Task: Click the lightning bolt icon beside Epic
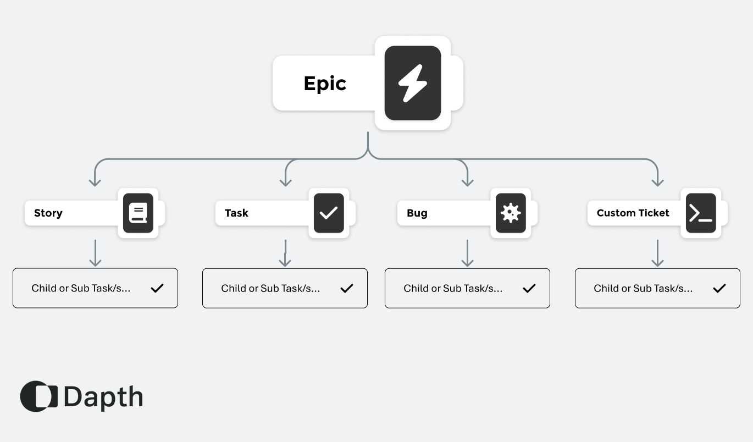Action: click(412, 83)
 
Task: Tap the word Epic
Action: click(325, 84)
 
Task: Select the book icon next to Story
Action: click(138, 213)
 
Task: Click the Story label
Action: click(48, 213)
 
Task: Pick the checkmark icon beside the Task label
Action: click(329, 213)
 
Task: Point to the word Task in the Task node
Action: click(236, 213)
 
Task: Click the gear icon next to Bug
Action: click(511, 213)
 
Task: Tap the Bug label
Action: click(417, 213)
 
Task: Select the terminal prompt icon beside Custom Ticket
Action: click(701, 213)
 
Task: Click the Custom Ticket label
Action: click(633, 213)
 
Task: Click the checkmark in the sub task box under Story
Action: click(157, 288)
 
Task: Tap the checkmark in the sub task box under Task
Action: click(347, 288)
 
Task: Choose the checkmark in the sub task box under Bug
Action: click(529, 288)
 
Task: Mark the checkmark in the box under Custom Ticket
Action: click(719, 288)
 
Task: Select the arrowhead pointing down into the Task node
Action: click(285, 181)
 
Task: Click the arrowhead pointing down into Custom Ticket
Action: click(657, 181)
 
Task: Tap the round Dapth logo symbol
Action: click(38, 396)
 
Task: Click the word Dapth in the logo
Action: click(103, 397)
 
